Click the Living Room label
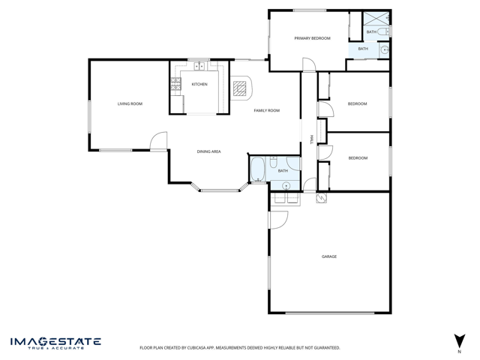130,103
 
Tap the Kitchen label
199,84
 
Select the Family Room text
267,110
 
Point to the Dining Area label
208,151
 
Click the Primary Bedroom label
312,38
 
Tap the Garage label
329,256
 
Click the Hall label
312,139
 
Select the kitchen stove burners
175,84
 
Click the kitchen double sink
199,66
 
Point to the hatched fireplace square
239,88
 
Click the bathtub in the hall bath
258,169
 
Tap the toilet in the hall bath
273,162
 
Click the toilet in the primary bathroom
383,31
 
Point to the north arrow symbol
460,341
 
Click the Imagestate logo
55,343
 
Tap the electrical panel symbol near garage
322,198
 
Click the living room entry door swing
158,141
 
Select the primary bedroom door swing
309,64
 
